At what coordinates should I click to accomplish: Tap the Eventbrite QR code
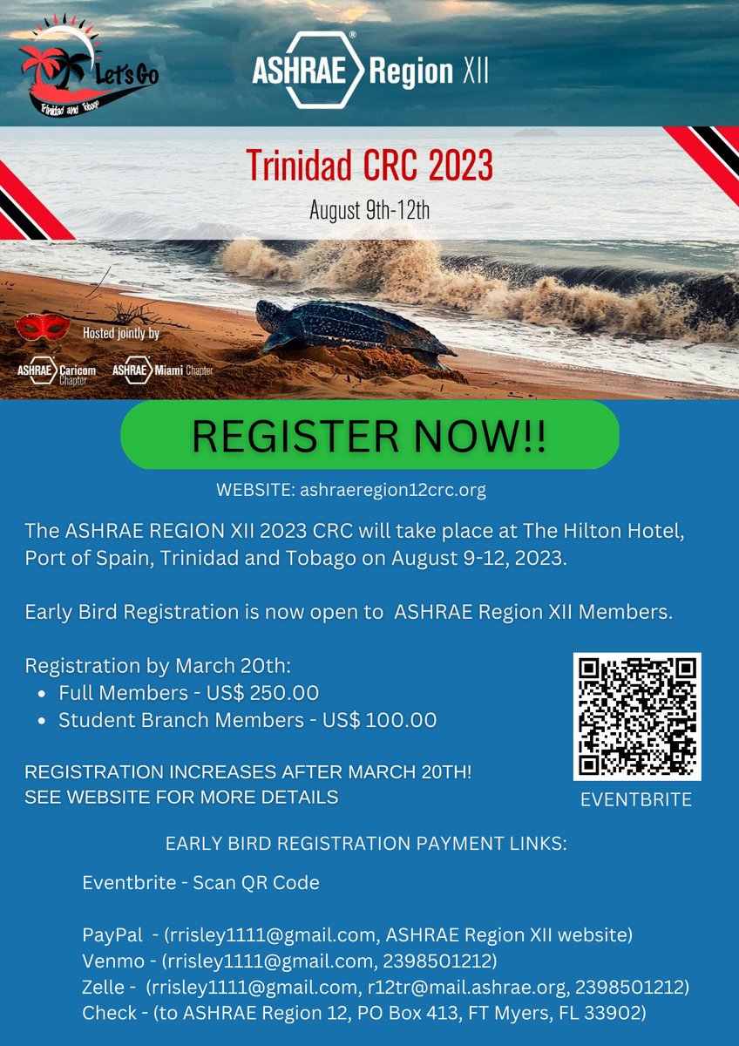point(637,717)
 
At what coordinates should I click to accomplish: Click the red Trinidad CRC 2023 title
point(369,165)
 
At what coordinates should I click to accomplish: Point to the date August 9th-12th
point(369,210)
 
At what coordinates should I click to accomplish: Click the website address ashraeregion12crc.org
point(392,490)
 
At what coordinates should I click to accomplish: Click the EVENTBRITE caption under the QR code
point(636,800)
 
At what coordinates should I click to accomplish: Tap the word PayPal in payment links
point(112,935)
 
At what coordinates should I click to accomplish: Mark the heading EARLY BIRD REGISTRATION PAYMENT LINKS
point(366,844)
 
